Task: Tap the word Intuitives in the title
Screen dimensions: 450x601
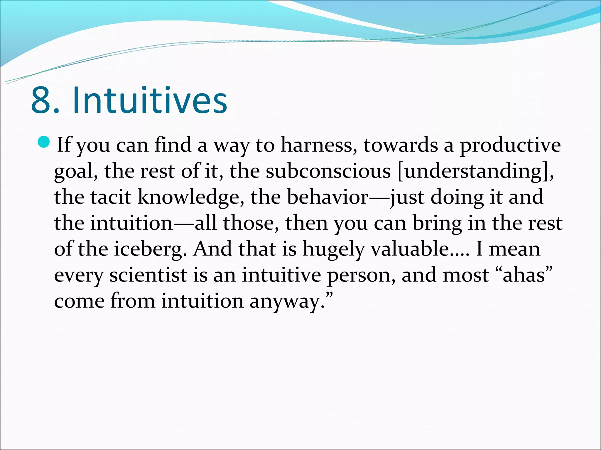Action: (x=150, y=100)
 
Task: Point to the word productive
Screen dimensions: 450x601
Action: (x=510, y=145)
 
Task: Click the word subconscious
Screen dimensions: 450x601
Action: (x=328, y=171)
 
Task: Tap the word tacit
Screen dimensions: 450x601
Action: (x=110, y=197)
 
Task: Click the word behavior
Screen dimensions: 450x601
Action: (x=327, y=197)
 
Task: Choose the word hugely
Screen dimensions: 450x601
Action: (x=333, y=249)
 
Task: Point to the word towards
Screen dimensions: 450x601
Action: (x=401, y=145)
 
